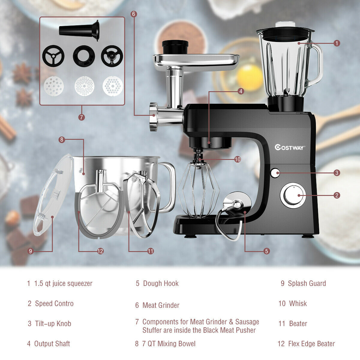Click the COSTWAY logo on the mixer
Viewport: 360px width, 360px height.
pos(290,147)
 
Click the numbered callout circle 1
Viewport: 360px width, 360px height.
pos(337,43)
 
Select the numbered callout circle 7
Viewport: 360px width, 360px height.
pos(82,117)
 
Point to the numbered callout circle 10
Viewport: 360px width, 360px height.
pos(238,159)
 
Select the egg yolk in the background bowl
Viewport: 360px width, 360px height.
pos(250,77)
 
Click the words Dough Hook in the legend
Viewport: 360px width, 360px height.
pos(161,283)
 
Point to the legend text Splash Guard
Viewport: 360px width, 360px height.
pos(307,283)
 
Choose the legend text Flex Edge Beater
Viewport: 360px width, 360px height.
pos(311,344)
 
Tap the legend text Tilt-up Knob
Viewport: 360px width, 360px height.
pos(53,324)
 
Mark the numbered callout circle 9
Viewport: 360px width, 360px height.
pos(30,251)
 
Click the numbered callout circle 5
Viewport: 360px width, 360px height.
pos(267,251)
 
